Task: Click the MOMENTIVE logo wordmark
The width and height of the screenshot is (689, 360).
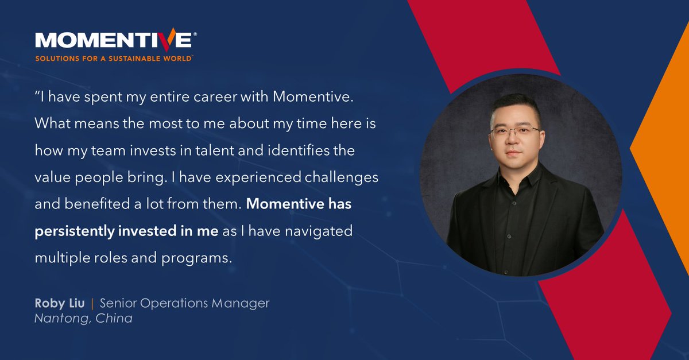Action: click(x=114, y=40)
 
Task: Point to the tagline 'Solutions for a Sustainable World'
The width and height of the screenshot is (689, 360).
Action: click(x=114, y=59)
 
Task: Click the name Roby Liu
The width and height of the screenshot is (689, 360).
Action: click(x=59, y=303)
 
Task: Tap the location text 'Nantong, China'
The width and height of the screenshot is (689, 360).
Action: click(x=84, y=318)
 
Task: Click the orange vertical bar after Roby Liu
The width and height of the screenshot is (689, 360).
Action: click(x=92, y=303)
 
